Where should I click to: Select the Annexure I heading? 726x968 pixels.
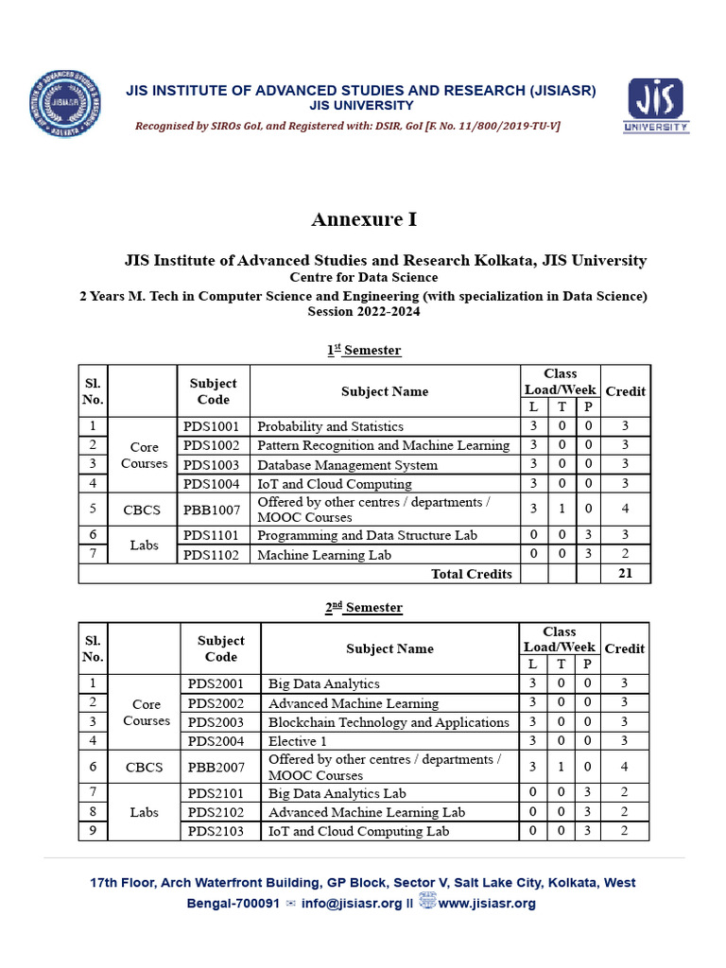click(x=364, y=219)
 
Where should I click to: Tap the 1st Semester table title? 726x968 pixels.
click(x=364, y=350)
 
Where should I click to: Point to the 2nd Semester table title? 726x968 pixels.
click(x=364, y=607)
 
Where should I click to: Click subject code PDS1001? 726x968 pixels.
click(x=212, y=426)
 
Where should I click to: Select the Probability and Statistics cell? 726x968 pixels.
click(x=330, y=426)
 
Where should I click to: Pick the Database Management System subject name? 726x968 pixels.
click(x=347, y=465)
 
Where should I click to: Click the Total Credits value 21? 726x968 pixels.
click(x=625, y=573)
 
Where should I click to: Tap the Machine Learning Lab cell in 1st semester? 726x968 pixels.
click(x=324, y=555)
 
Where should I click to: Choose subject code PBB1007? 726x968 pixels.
click(x=212, y=510)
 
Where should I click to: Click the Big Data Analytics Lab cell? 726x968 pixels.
click(x=337, y=793)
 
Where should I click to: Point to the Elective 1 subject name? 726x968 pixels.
click(x=298, y=741)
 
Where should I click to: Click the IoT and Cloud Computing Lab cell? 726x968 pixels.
click(x=358, y=831)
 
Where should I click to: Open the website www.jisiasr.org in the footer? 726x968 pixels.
click(x=487, y=903)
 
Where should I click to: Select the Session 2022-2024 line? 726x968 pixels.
click(x=364, y=311)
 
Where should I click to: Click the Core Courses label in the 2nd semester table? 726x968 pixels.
click(x=146, y=712)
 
